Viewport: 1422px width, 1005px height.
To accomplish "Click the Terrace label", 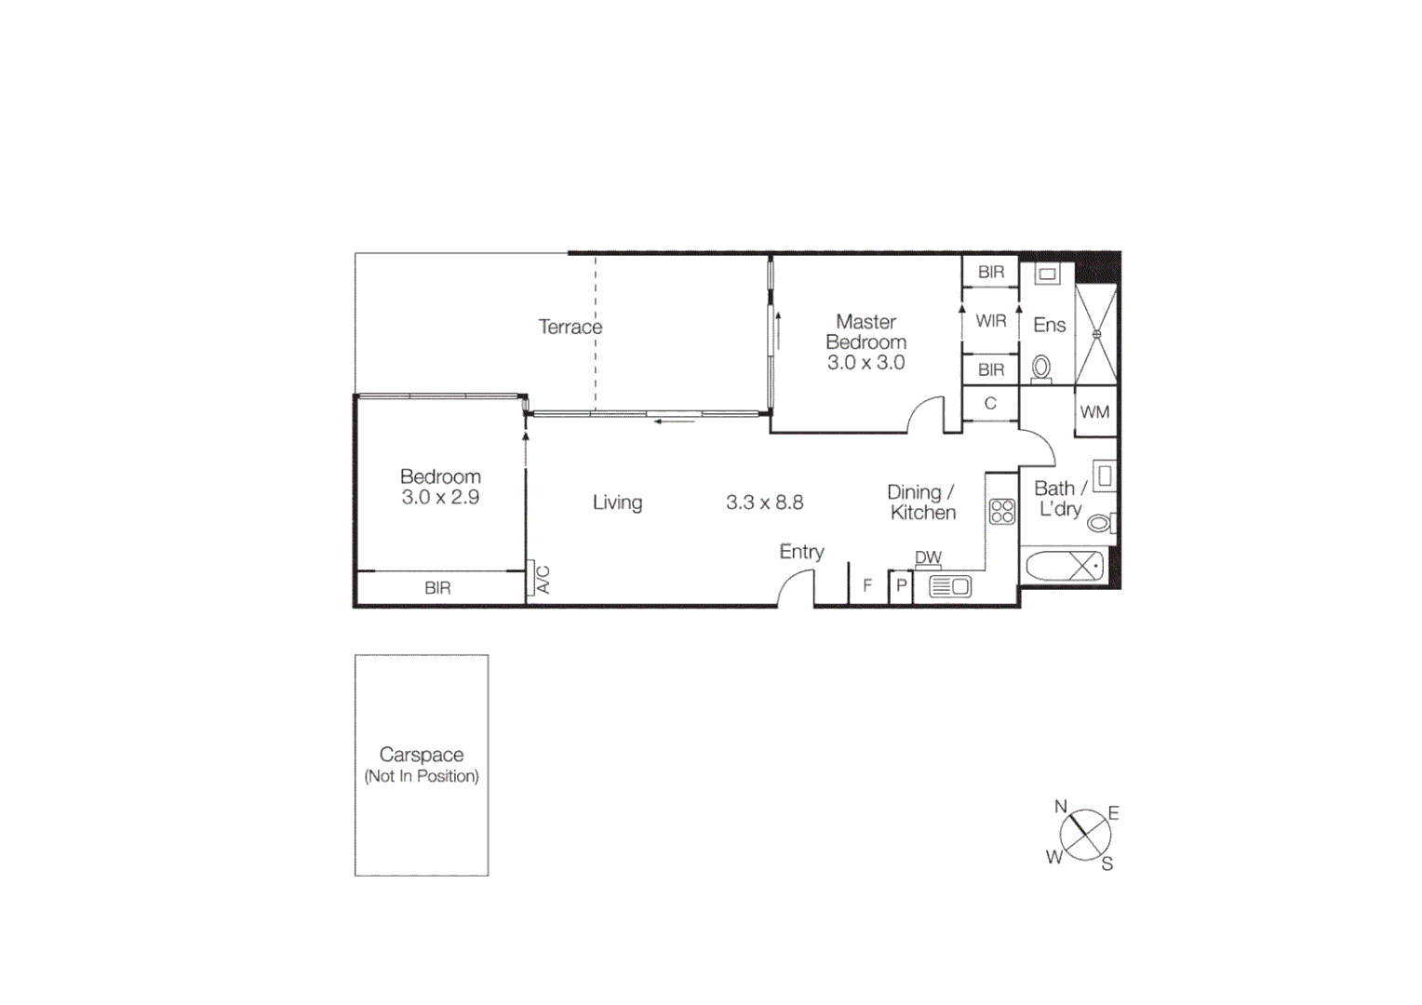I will tap(570, 327).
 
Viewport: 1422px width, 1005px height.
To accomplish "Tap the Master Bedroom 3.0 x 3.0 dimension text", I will tap(865, 363).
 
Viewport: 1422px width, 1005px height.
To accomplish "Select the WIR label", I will tap(990, 321).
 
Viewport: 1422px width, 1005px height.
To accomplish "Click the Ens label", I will tap(1049, 325).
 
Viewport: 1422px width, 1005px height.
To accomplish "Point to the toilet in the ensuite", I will tap(1041, 368).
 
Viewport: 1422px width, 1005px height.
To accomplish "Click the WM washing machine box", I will tap(1094, 412).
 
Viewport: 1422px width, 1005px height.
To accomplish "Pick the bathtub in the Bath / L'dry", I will tap(1065, 566).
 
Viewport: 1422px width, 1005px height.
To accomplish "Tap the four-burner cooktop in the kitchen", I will tap(1001, 511).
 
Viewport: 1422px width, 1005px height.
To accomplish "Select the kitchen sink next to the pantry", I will tap(950, 587).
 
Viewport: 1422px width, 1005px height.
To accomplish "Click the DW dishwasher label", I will tap(928, 557).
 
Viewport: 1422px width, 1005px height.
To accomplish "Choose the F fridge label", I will tap(867, 586).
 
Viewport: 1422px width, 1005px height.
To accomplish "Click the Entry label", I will tap(801, 552).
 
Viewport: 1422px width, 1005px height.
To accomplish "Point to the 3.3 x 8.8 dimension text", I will tap(764, 502).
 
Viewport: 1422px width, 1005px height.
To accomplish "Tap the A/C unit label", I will tap(543, 579).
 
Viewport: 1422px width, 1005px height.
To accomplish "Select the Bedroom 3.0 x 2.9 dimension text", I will tap(440, 498).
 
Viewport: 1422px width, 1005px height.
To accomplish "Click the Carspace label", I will tap(421, 755).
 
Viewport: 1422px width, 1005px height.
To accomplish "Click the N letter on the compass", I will tap(1060, 807).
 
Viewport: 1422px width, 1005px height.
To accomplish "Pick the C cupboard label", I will tap(990, 403).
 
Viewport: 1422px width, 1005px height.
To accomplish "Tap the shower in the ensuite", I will tap(1096, 334).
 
